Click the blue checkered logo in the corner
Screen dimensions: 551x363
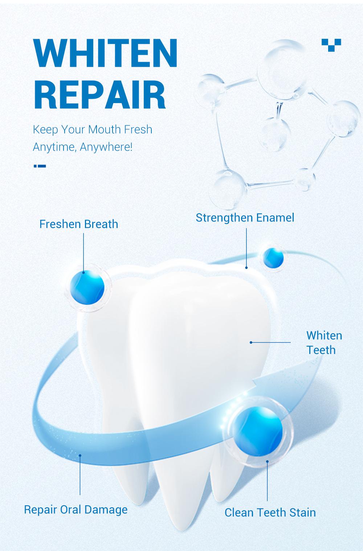point(331,45)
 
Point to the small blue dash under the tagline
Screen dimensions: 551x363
point(40,166)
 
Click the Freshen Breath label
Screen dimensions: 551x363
point(79,224)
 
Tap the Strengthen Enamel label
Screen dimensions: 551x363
point(245,218)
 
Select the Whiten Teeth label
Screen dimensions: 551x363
point(324,342)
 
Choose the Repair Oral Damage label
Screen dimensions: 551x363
point(76,509)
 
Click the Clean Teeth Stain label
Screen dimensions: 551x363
point(270,513)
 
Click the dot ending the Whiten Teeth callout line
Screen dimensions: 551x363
point(251,342)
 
